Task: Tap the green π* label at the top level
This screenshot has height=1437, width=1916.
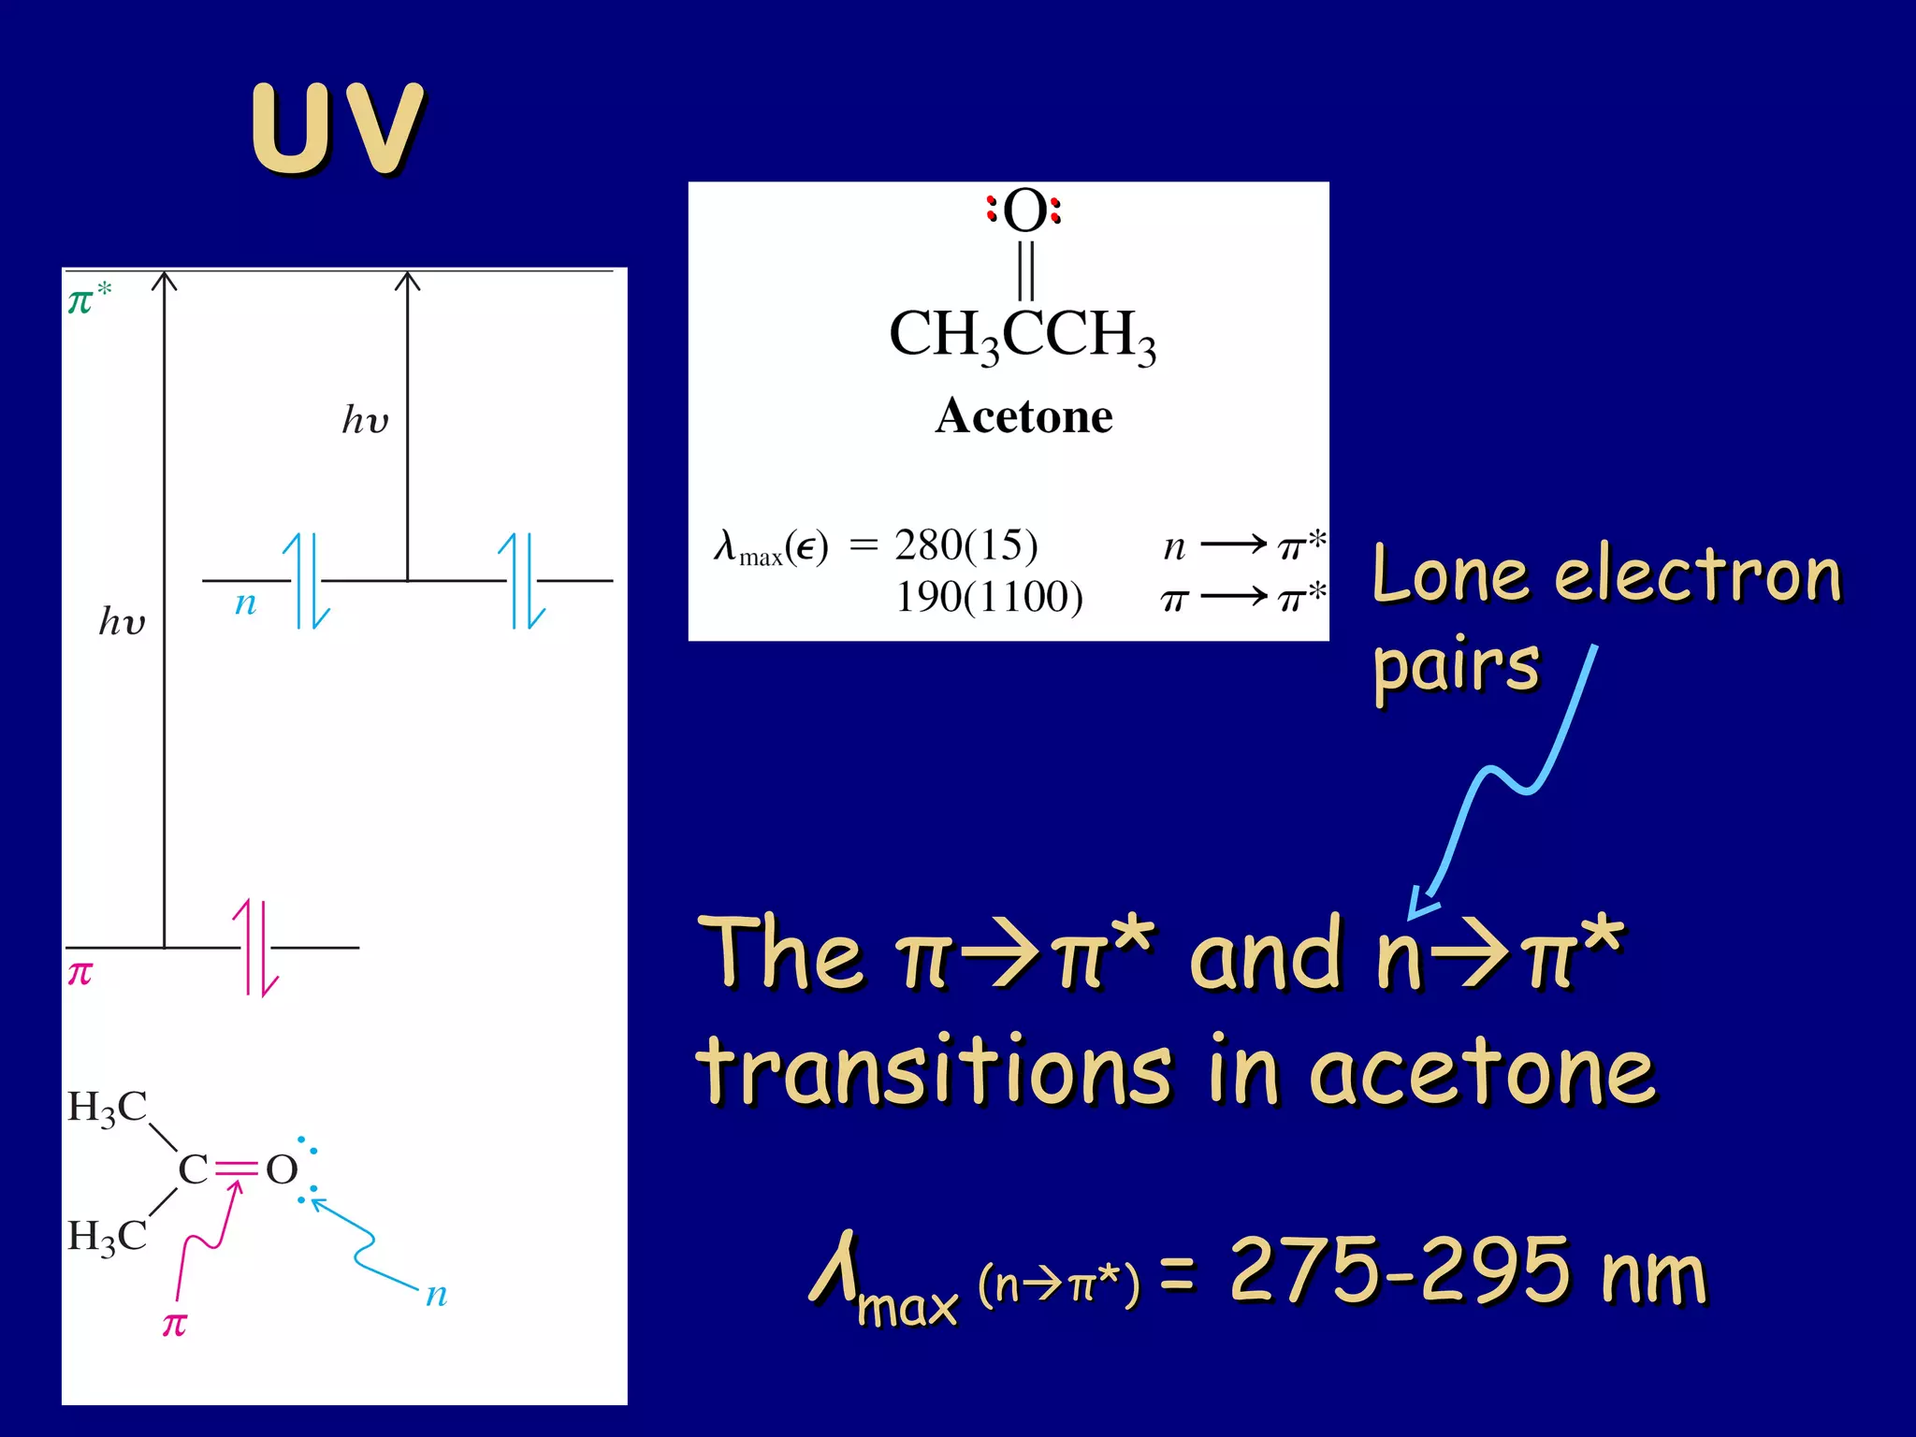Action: click(89, 299)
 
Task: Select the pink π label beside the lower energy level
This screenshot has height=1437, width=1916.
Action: click(80, 974)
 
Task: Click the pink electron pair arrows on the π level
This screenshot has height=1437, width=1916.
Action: click(255, 947)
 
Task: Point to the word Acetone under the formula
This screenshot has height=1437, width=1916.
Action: click(1023, 415)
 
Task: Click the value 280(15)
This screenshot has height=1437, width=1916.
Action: click(965, 544)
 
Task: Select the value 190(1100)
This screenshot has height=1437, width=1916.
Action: click(989, 597)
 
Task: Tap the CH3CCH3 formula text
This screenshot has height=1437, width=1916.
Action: click(1022, 335)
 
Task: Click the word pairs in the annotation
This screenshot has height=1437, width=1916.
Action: click(1455, 666)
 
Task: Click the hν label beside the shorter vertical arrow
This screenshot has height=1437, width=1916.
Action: click(365, 420)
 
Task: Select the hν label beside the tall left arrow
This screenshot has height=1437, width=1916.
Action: click(123, 621)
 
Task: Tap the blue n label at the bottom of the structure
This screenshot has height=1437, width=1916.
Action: click(436, 1295)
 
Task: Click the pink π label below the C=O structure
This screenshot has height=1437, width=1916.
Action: click(175, 1325)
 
